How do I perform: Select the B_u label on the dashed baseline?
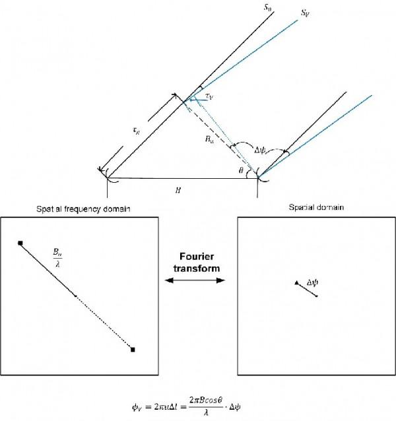pyautogui.click(x=210, y=139)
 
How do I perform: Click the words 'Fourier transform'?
pyautogui.click(x=192, y=263)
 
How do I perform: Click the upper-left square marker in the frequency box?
pyautogui.click(x=21, y=243)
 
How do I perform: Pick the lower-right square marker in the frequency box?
pyautogui.click(x=133, y=349)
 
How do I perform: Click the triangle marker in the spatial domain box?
pyautogui.click(x=296, y=283)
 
